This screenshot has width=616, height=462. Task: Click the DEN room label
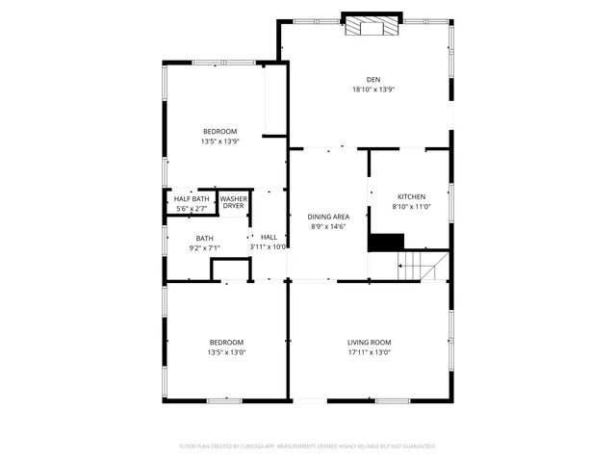coord(372,79)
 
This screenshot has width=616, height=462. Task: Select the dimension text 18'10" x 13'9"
coord(372,90)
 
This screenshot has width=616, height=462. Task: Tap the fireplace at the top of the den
coord(371,27)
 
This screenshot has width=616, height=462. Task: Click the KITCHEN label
coord(411,196)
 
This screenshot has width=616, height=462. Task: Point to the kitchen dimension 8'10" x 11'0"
coord(411,206)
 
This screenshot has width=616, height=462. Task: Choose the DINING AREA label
coord(328,217)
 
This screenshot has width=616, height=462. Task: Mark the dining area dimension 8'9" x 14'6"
coord(328,227)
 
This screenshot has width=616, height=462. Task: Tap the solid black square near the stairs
coord(386,243)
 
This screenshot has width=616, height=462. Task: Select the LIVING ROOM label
coord(369,342)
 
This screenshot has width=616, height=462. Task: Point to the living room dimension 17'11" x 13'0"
coord(369,352)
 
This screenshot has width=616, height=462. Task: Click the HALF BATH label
coord(191,198)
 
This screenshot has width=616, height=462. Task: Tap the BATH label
coord(205,238)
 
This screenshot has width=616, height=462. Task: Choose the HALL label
coord(269,237)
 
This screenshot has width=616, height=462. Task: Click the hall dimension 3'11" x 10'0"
coord(269,247)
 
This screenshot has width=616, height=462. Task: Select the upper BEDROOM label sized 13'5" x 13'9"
coord(219,131)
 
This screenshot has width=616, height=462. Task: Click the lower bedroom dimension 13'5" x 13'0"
coord(226,352)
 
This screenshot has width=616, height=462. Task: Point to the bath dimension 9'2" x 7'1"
coord(205,248)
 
